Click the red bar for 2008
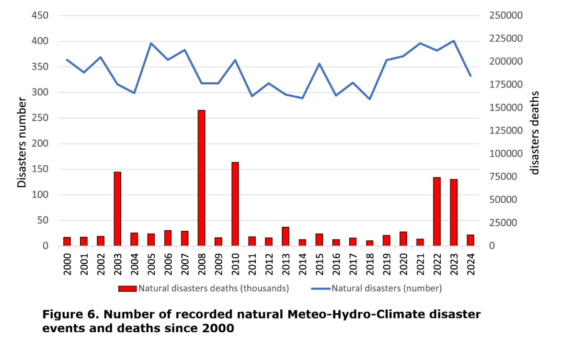pyautogui.click(x=201, y=178)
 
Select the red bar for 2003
pyautogui.click(x=117, y=209)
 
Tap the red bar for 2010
pyautogui.click(x=235, y=204)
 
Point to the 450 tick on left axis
pyautogui.click(x=40, y=16)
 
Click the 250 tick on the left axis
pyautogui.click(x=40, y=118)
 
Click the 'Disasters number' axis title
pyautogui.click(x=22, y=142)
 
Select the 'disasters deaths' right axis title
pyautogui.click(x=535, y=133)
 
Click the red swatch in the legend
pyautogui.click(x=128, y=289)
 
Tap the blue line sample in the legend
pyautogui.click(x=321, y=289)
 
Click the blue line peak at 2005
pyautogui.click(x=151, y=43)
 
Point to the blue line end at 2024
pyautogui.click(x=470, y=76)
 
